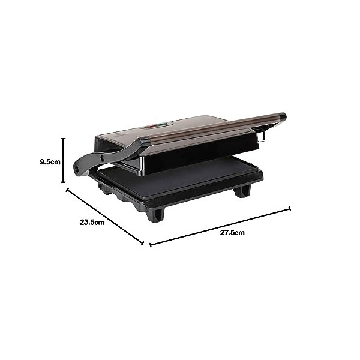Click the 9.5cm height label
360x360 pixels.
(49, 161)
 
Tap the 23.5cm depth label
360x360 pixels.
(92, 222)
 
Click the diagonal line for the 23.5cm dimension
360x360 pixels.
(105, 217)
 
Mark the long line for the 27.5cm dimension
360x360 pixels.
(220, 227)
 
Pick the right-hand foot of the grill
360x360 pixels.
(242, 191)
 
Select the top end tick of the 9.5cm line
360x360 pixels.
(63, 139)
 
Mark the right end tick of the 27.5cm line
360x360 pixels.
(290, 209)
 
